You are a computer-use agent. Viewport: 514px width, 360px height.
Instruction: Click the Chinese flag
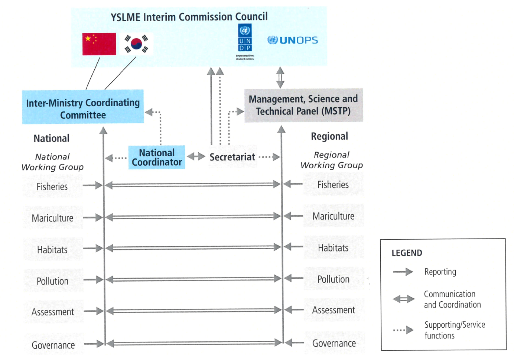[x=99, y=44]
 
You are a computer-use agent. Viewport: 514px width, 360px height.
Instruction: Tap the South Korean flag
[x=136, y=44]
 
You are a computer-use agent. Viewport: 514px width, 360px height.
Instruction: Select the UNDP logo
[x=245, y=41]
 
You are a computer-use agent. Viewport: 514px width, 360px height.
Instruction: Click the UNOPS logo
[x=293, y=40]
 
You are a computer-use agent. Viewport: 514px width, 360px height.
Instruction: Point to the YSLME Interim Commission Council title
[x=189, y=17]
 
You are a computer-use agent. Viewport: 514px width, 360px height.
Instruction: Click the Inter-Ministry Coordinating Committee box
[x=83, y=107]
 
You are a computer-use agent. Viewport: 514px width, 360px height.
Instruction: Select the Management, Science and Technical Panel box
[x=303, y=105]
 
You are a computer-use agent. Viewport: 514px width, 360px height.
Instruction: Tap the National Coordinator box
[x=157, y=158]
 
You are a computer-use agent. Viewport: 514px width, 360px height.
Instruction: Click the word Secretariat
[x=232, y=157]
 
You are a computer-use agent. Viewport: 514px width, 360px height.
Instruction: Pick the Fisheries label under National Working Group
[x=52, y=187]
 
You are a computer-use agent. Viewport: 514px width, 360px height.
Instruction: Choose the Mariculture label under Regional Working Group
[x=333, y=216]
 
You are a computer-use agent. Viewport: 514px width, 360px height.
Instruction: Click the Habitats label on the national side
[x=52, y=250]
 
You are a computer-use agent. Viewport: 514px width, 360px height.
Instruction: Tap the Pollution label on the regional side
[x=333, y=279]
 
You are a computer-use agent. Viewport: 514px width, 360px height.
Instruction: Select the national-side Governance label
[x=53, y=345]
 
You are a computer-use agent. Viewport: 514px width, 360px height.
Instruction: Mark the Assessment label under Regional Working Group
[x=333, y=310]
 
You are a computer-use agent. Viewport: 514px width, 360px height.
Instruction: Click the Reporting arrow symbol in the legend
[x=403, y=272]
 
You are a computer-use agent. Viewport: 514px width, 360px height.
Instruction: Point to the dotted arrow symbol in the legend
[x=403, y=330]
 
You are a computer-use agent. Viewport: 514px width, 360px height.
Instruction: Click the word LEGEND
[x=407, y=253]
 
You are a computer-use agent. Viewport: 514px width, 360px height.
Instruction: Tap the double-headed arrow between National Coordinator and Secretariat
[x=196, y=157]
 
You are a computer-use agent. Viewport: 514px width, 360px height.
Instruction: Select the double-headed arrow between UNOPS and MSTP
[x=280, y=77]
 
